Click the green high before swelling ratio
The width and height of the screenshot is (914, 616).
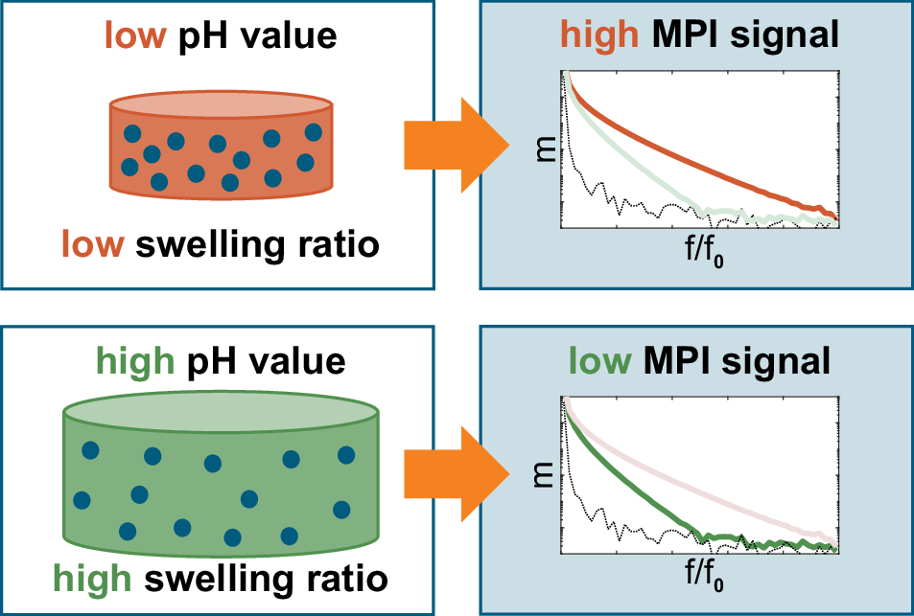pyautogui.click(x=92, y=578)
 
